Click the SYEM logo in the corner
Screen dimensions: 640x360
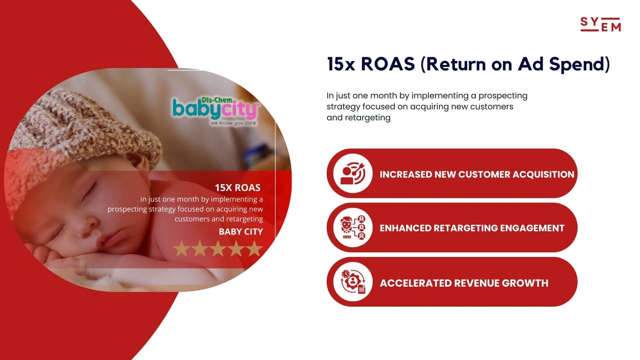(601, 24)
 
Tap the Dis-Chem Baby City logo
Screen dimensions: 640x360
(215, 111)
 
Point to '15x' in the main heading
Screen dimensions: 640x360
(341, 64)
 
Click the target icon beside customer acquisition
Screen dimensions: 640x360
(353, 174)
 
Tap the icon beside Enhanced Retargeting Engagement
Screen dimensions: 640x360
(353, 228)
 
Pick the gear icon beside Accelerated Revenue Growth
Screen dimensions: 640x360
(353, 282)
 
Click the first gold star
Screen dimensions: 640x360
(181, 249)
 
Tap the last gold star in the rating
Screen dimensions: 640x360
(254, 249)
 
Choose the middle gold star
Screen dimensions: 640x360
(218, 249)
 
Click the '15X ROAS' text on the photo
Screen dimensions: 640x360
(237, 188)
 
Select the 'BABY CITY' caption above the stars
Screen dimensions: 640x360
(241, 232)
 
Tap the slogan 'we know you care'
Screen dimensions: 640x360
(233, 123)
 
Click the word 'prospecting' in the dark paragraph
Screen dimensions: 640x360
(503, 96)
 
